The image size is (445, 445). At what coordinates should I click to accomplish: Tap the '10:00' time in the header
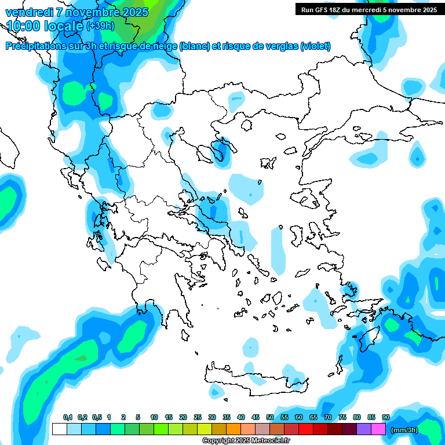pyautogui.click(x=24, y=26)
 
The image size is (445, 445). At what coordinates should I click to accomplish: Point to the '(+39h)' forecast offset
pyautogui.click(x=100, y=26)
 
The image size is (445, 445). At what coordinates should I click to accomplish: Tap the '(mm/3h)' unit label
pyautogui.click(x=404, y=430)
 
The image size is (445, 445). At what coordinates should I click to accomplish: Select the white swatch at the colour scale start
pyautogui.click(x=59, y=429)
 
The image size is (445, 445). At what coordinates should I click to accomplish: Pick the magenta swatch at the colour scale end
pyautogui.click(x=378, y=429)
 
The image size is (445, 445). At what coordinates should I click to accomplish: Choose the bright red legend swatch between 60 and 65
pyautogui.click(x=306, y=429)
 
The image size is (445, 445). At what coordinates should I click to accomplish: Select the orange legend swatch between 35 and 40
pyautogui.click(x=234, y=429)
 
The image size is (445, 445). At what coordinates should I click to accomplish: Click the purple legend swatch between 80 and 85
pyautogui.click(x=364, y=429)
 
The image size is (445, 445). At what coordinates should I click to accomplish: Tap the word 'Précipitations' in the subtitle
pyautogui.click(x=35, y=46)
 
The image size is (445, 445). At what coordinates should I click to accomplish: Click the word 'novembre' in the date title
pyautogui.click(x=93, y=12)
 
